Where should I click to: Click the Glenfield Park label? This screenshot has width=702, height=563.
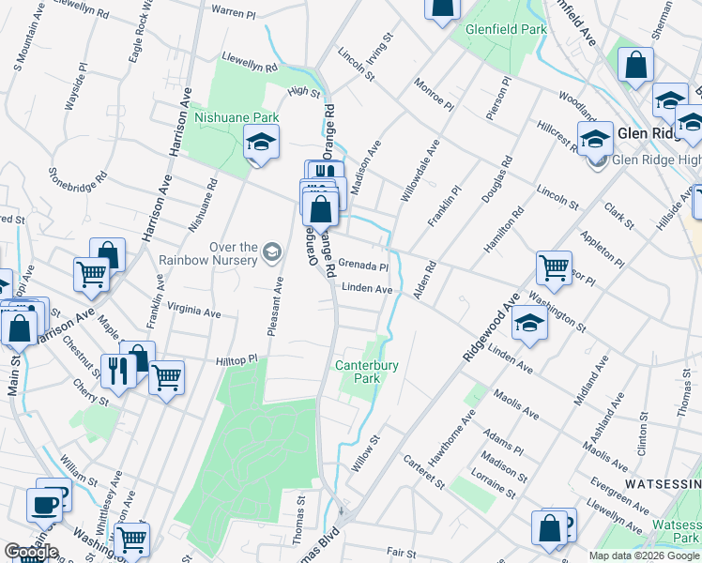point(507,29)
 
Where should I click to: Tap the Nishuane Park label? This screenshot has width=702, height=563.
point(237,117)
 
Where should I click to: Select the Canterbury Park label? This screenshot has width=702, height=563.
point(367,372)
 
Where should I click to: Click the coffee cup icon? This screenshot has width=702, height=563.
point(45,505)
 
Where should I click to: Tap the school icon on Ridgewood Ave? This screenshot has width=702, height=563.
point(530,326)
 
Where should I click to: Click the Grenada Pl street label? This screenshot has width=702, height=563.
point(363,266)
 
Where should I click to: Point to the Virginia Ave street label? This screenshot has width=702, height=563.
point(193,310)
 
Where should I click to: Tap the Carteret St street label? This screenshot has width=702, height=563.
point(423,471)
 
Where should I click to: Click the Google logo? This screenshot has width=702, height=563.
point(30,552)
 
